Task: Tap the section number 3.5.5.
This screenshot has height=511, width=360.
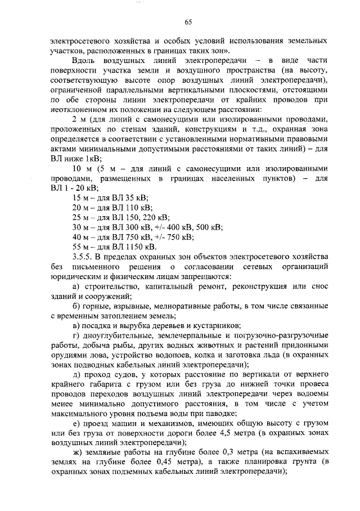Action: click(x=84, y=257)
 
